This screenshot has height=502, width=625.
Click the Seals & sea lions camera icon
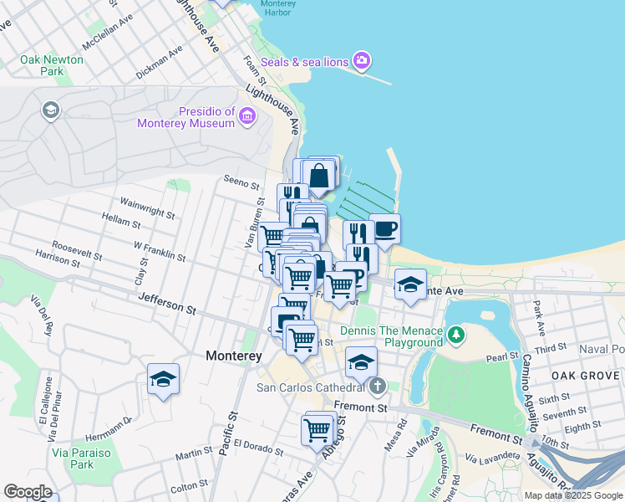tap(362, 60)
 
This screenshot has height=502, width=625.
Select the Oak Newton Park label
tap(52, 65)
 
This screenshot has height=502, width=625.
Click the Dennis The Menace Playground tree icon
tap(455, 336)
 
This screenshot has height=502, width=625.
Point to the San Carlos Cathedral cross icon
tap(378, 387)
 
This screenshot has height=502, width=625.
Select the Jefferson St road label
tap(166, 303)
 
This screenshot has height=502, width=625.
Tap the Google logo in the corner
tap(28, 492)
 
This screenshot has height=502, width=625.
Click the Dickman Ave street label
tap(159, 63)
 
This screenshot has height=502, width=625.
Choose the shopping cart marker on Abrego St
tap(318, 430)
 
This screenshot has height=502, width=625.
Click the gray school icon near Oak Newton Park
tap(51, 111)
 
